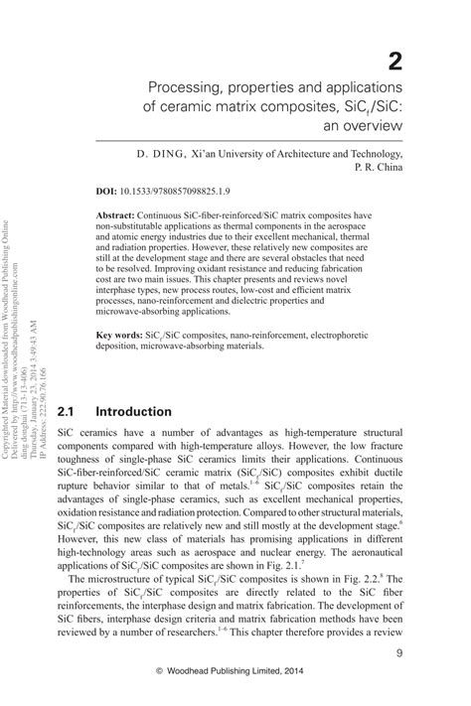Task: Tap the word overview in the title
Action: (371, 126)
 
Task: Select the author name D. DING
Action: (161, 155)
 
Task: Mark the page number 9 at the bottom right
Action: (397, 653)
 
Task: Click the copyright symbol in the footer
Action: (159, 685)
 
